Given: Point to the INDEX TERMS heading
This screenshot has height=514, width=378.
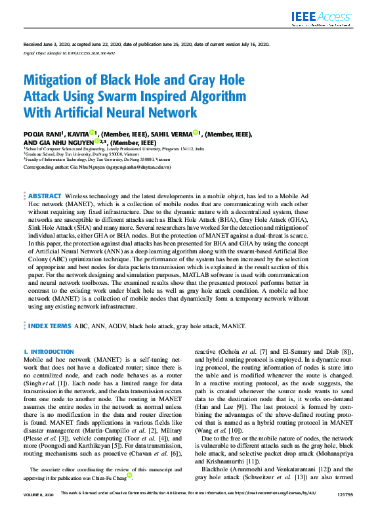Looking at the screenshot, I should [50, 325].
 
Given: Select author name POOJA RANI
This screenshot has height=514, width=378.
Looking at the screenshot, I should [42, 133].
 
